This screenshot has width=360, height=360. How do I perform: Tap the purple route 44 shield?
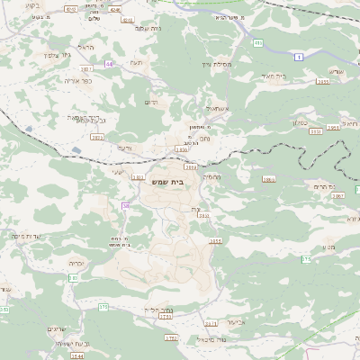(110, 64)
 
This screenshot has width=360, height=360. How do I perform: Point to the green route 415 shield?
(257, 42)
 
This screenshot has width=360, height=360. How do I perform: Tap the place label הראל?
(86, 47)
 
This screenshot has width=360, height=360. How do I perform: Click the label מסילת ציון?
(218, 65)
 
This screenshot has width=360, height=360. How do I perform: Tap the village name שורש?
(336, 71)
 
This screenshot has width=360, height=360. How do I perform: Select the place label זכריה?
(76, 263)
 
